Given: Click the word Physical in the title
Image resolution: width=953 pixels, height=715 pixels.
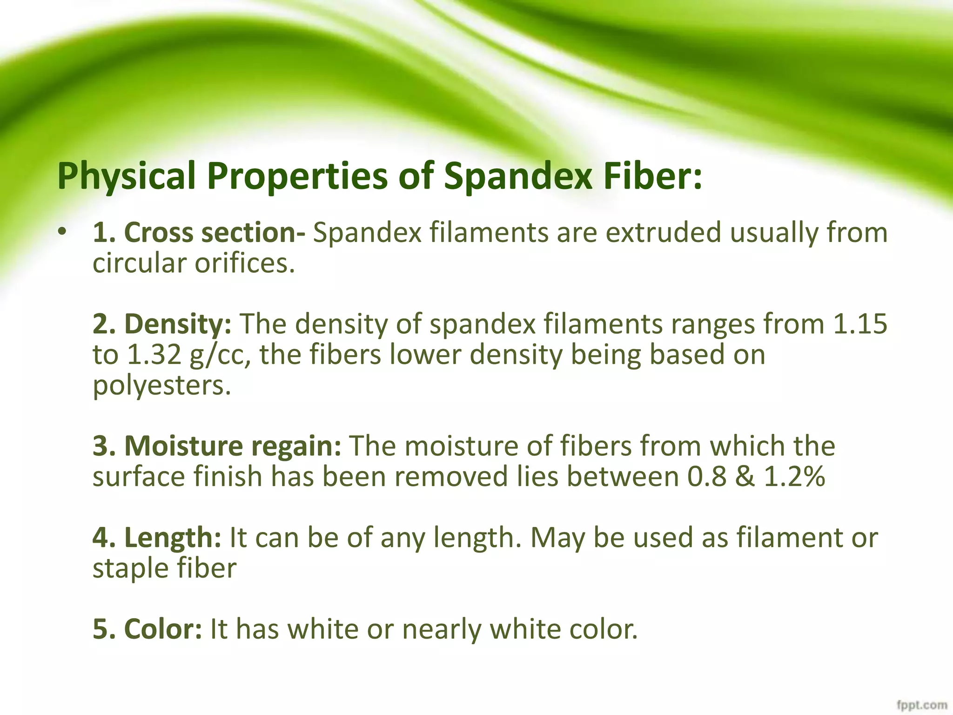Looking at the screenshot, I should tap(126, 176).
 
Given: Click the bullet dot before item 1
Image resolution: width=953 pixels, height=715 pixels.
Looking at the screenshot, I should tap(62, 231).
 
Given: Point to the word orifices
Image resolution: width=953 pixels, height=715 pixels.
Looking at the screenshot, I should tap(245, 263).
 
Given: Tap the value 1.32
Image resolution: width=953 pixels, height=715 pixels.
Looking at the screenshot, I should tap(154, 355).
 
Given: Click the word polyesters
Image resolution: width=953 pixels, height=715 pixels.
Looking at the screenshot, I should tap(161, 385).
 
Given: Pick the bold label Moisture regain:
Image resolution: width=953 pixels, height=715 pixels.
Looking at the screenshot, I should tap(217, 446).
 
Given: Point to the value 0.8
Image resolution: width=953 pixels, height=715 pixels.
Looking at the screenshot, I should tap(707, 477).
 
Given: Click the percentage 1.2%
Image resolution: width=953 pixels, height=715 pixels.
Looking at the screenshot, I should tap(795, 477).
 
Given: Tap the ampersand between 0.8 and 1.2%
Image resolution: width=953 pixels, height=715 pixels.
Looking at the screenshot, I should tap(745, 477).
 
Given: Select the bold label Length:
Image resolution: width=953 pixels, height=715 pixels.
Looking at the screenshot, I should tap(157, 538).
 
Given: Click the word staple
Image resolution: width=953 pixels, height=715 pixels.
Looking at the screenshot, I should tap(130, 569).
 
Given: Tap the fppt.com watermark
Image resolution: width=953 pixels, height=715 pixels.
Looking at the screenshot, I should tap(922, 705).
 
